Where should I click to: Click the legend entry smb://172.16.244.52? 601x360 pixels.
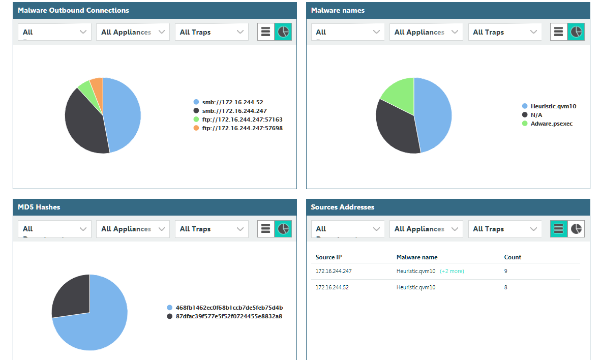point(232,102)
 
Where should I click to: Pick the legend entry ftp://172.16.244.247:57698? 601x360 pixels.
point(242,128)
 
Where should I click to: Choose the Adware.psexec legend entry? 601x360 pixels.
point(551,124)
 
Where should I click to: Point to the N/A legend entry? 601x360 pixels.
point(536,115)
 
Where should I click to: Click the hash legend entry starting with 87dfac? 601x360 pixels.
point(228,316)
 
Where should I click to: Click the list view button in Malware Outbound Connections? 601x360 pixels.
point(265,32)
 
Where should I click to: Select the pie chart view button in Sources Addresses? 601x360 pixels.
point(576,229)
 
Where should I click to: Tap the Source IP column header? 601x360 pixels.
point(328,257)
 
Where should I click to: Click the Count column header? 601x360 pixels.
point(512,257)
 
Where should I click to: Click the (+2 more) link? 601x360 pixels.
point(452,272)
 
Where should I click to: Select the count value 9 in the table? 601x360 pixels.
point(505,272)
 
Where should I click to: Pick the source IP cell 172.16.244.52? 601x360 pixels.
point(332,288)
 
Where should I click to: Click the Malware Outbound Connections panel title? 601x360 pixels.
point(73,10)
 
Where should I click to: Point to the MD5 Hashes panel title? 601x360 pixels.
point(39,207)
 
